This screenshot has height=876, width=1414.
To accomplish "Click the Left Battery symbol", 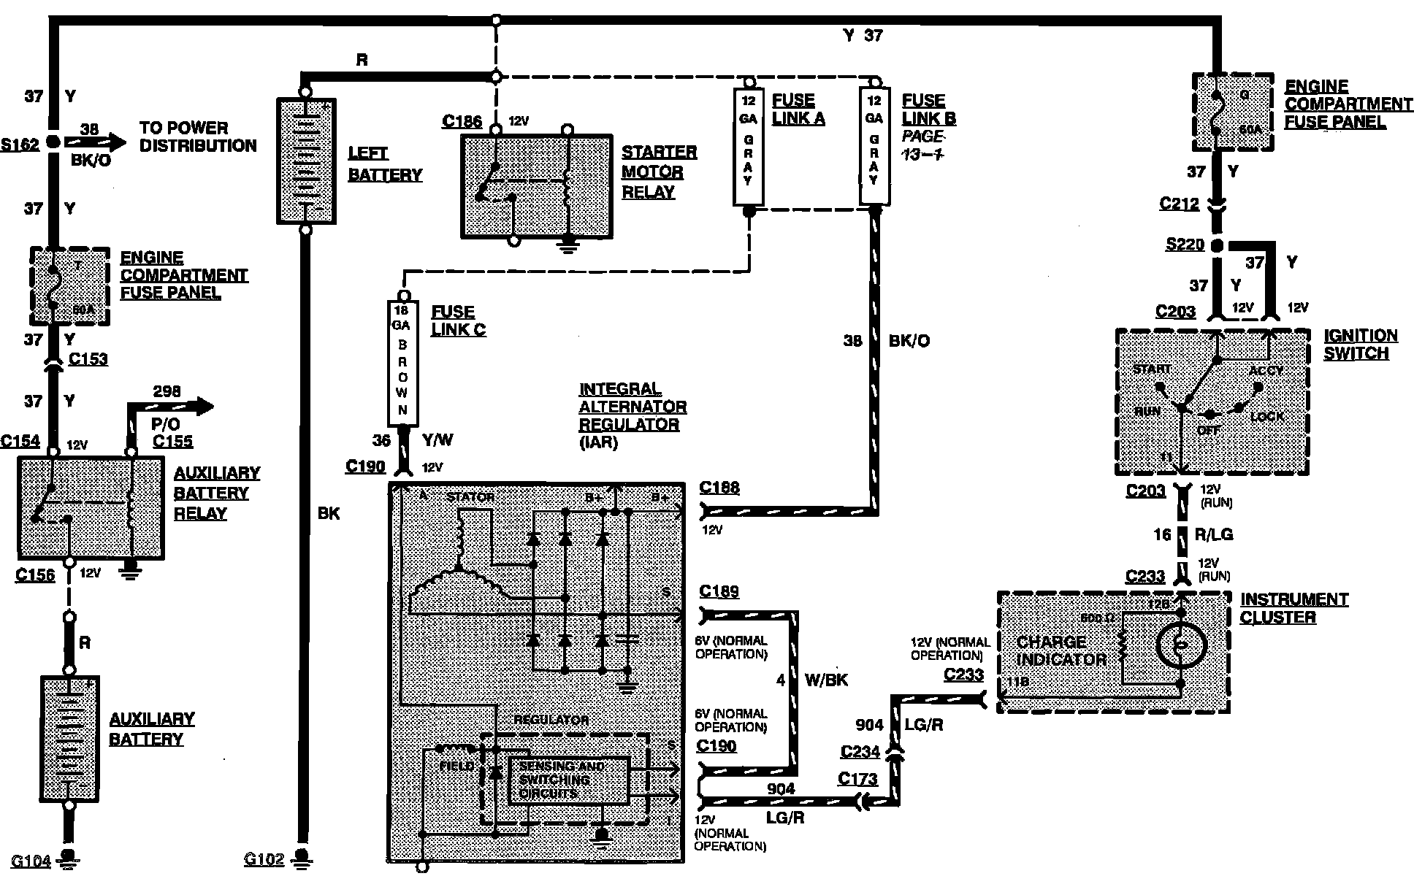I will tap(305, 161).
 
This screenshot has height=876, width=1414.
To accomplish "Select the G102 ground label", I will tap(264, 859).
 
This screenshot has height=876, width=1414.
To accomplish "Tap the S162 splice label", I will tap(20, 145).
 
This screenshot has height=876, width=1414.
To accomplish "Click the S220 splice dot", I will tap(1217, 246).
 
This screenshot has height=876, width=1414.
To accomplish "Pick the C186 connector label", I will tap(462, 120).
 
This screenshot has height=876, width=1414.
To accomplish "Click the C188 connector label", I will tap(719, 487).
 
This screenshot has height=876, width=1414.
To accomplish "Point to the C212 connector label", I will tap(1179, 204).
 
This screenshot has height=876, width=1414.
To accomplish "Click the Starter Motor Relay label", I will tap(658, 172).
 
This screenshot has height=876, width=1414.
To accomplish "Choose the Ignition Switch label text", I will tap(1360, 345).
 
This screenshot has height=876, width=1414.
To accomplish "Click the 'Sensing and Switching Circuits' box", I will tap(567, 780).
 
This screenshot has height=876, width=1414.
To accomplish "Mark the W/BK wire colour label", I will tap(826, 680).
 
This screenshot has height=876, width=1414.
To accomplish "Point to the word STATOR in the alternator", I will tap(470, 497).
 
